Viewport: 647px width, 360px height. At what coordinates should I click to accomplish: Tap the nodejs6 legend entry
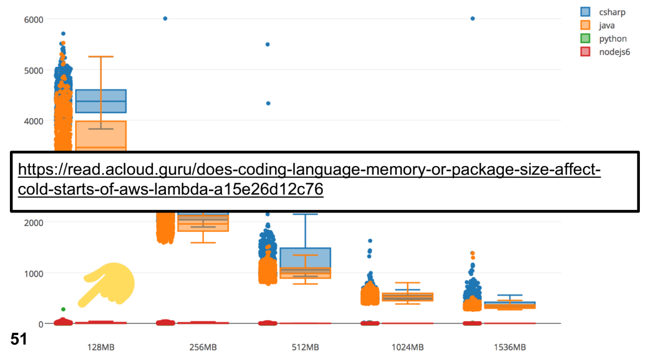point(605,51)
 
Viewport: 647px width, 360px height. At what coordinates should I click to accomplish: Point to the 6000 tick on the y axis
point(33,20)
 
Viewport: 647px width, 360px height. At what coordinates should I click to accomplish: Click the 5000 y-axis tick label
point(33,71)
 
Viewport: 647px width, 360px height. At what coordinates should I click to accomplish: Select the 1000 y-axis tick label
point(33,274)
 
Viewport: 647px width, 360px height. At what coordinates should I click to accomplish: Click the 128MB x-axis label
point(101,347)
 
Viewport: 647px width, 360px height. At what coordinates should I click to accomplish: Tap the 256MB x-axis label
point(203,347)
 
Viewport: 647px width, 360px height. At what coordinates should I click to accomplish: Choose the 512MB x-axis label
point(306,347)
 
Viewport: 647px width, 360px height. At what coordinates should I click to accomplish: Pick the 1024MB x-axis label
point(408,347)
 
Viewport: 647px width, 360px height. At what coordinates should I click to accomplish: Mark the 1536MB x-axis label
point(510,347)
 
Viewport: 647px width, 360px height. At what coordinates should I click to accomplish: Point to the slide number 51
point(19,339)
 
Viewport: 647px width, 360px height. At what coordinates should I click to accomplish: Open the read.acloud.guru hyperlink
point(309,179)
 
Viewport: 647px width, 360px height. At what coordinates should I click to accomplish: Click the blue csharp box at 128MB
point(101,101)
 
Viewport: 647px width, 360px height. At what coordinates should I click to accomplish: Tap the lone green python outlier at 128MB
point(63,309)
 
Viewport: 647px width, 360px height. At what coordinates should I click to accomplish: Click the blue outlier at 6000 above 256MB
point(165,19)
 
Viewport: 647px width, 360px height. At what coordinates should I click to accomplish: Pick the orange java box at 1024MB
point(408,297)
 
